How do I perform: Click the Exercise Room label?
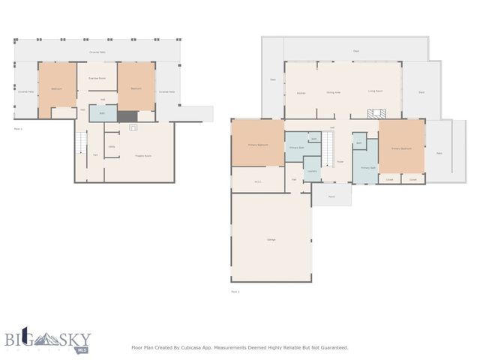pyautogui.click(x=97, y=78)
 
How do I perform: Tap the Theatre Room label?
pyautogui.click(x=143, y=155)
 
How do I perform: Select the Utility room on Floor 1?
pyautogui.click(x=111, y=147)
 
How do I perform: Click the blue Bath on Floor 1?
pyautogui.click(x=102, y=113)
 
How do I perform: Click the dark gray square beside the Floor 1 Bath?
pyautogui.click(x=127, y=116)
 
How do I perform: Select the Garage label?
pyautogui.click(x=271, y=239)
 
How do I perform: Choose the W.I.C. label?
pyautogui.click(x=257, y=181)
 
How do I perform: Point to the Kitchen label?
pyautogui.click(x=301, y=92)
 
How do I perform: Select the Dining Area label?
pyautogui.click(x=333, y=92)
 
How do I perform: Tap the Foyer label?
pyautogui.click(x=340, y=161)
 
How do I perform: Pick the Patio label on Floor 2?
pyautogui.click(x=439, y=151)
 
